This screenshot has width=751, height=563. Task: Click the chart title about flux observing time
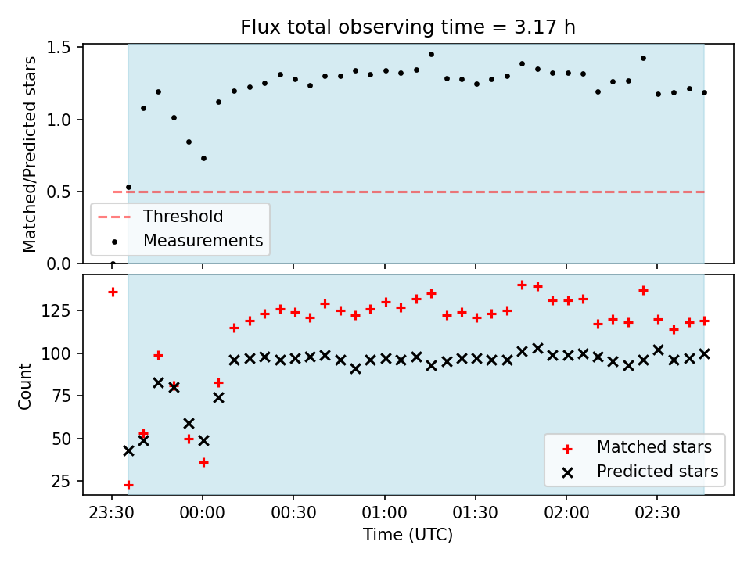pyautogui.click(x=408, y=27)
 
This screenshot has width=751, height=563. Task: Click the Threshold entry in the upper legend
pyautogui.click(x=160, y=217)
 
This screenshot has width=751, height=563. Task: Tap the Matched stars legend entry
pyautogui.click(x=637, y=447)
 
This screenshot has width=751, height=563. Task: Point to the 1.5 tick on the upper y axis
pyautogui.click(x=58, y=48)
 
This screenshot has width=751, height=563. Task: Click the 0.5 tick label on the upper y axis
pyautogui.click(x=58, y=192)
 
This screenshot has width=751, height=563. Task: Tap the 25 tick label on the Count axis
pyautogui.click(x=61, y=481)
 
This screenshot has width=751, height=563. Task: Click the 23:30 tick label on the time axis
pyautogui.click(x=112, y=513)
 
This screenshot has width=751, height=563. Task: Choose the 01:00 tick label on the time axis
pyautogui.click(x=385, y=513)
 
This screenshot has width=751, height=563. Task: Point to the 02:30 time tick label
pyautogui.click(x=657, y=513)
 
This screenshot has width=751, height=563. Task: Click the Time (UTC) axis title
pyautogui.click(x=408, y=535)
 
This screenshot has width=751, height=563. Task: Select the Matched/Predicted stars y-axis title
pyautogui.click(x=30, y=154)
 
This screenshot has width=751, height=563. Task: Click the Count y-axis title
pyautogui.click(x=25, y=386)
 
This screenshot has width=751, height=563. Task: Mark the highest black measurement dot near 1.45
pyautogui.click(x=431, y=55)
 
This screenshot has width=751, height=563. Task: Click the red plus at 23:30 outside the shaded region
pyautogui.click(x=113, y=292)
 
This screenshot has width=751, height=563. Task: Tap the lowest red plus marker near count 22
pyautogui.click(x=128, y=486)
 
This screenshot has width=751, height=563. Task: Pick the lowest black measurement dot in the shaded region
pyautogui.click(x=128, y=188)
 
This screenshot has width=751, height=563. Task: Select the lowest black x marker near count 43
pyautogui.click(x=128, y=451)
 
